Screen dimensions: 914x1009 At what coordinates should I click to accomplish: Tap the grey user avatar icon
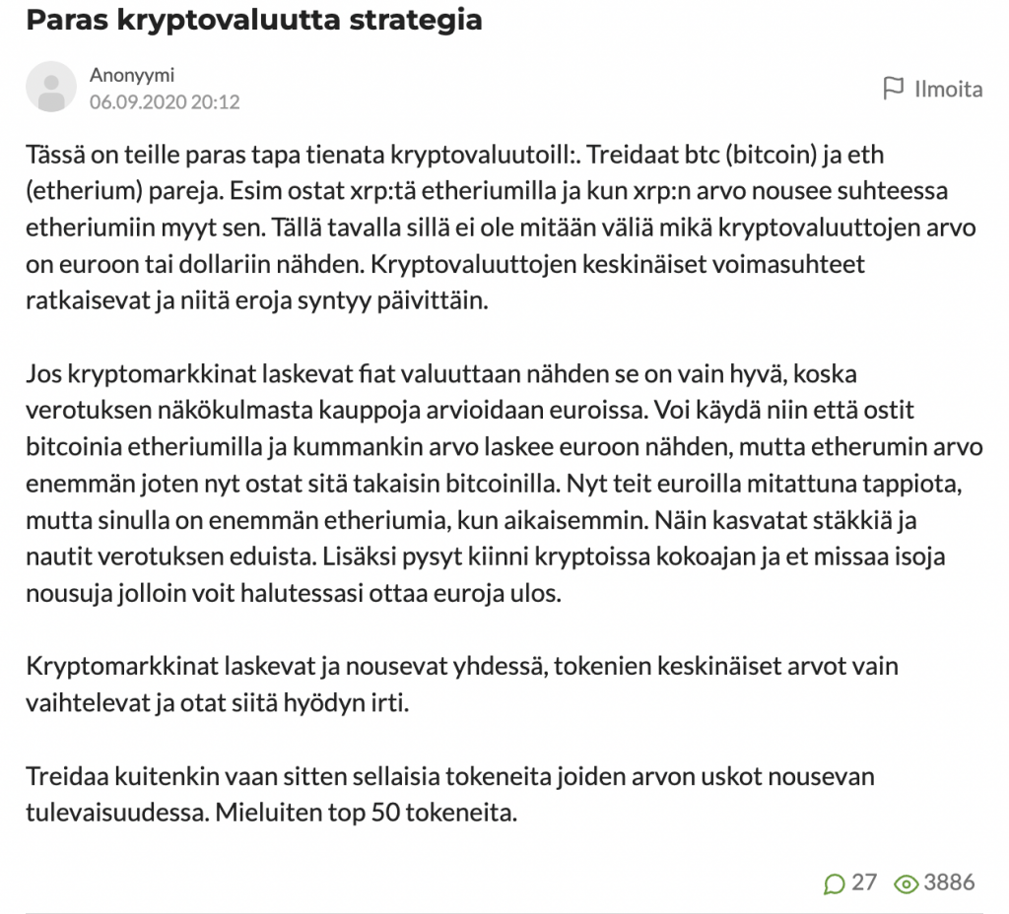[x=51, y=87]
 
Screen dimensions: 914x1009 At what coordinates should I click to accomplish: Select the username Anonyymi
[x=132, y=75]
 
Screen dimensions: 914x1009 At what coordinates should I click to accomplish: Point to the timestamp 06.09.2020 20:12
[x=165, y=101]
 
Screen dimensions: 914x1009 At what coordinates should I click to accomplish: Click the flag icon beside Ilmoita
[x=893, y=89]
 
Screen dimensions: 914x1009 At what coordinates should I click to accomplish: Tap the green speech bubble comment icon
[x=834, y=882]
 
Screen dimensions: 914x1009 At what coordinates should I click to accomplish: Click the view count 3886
[x=949, y=882]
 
